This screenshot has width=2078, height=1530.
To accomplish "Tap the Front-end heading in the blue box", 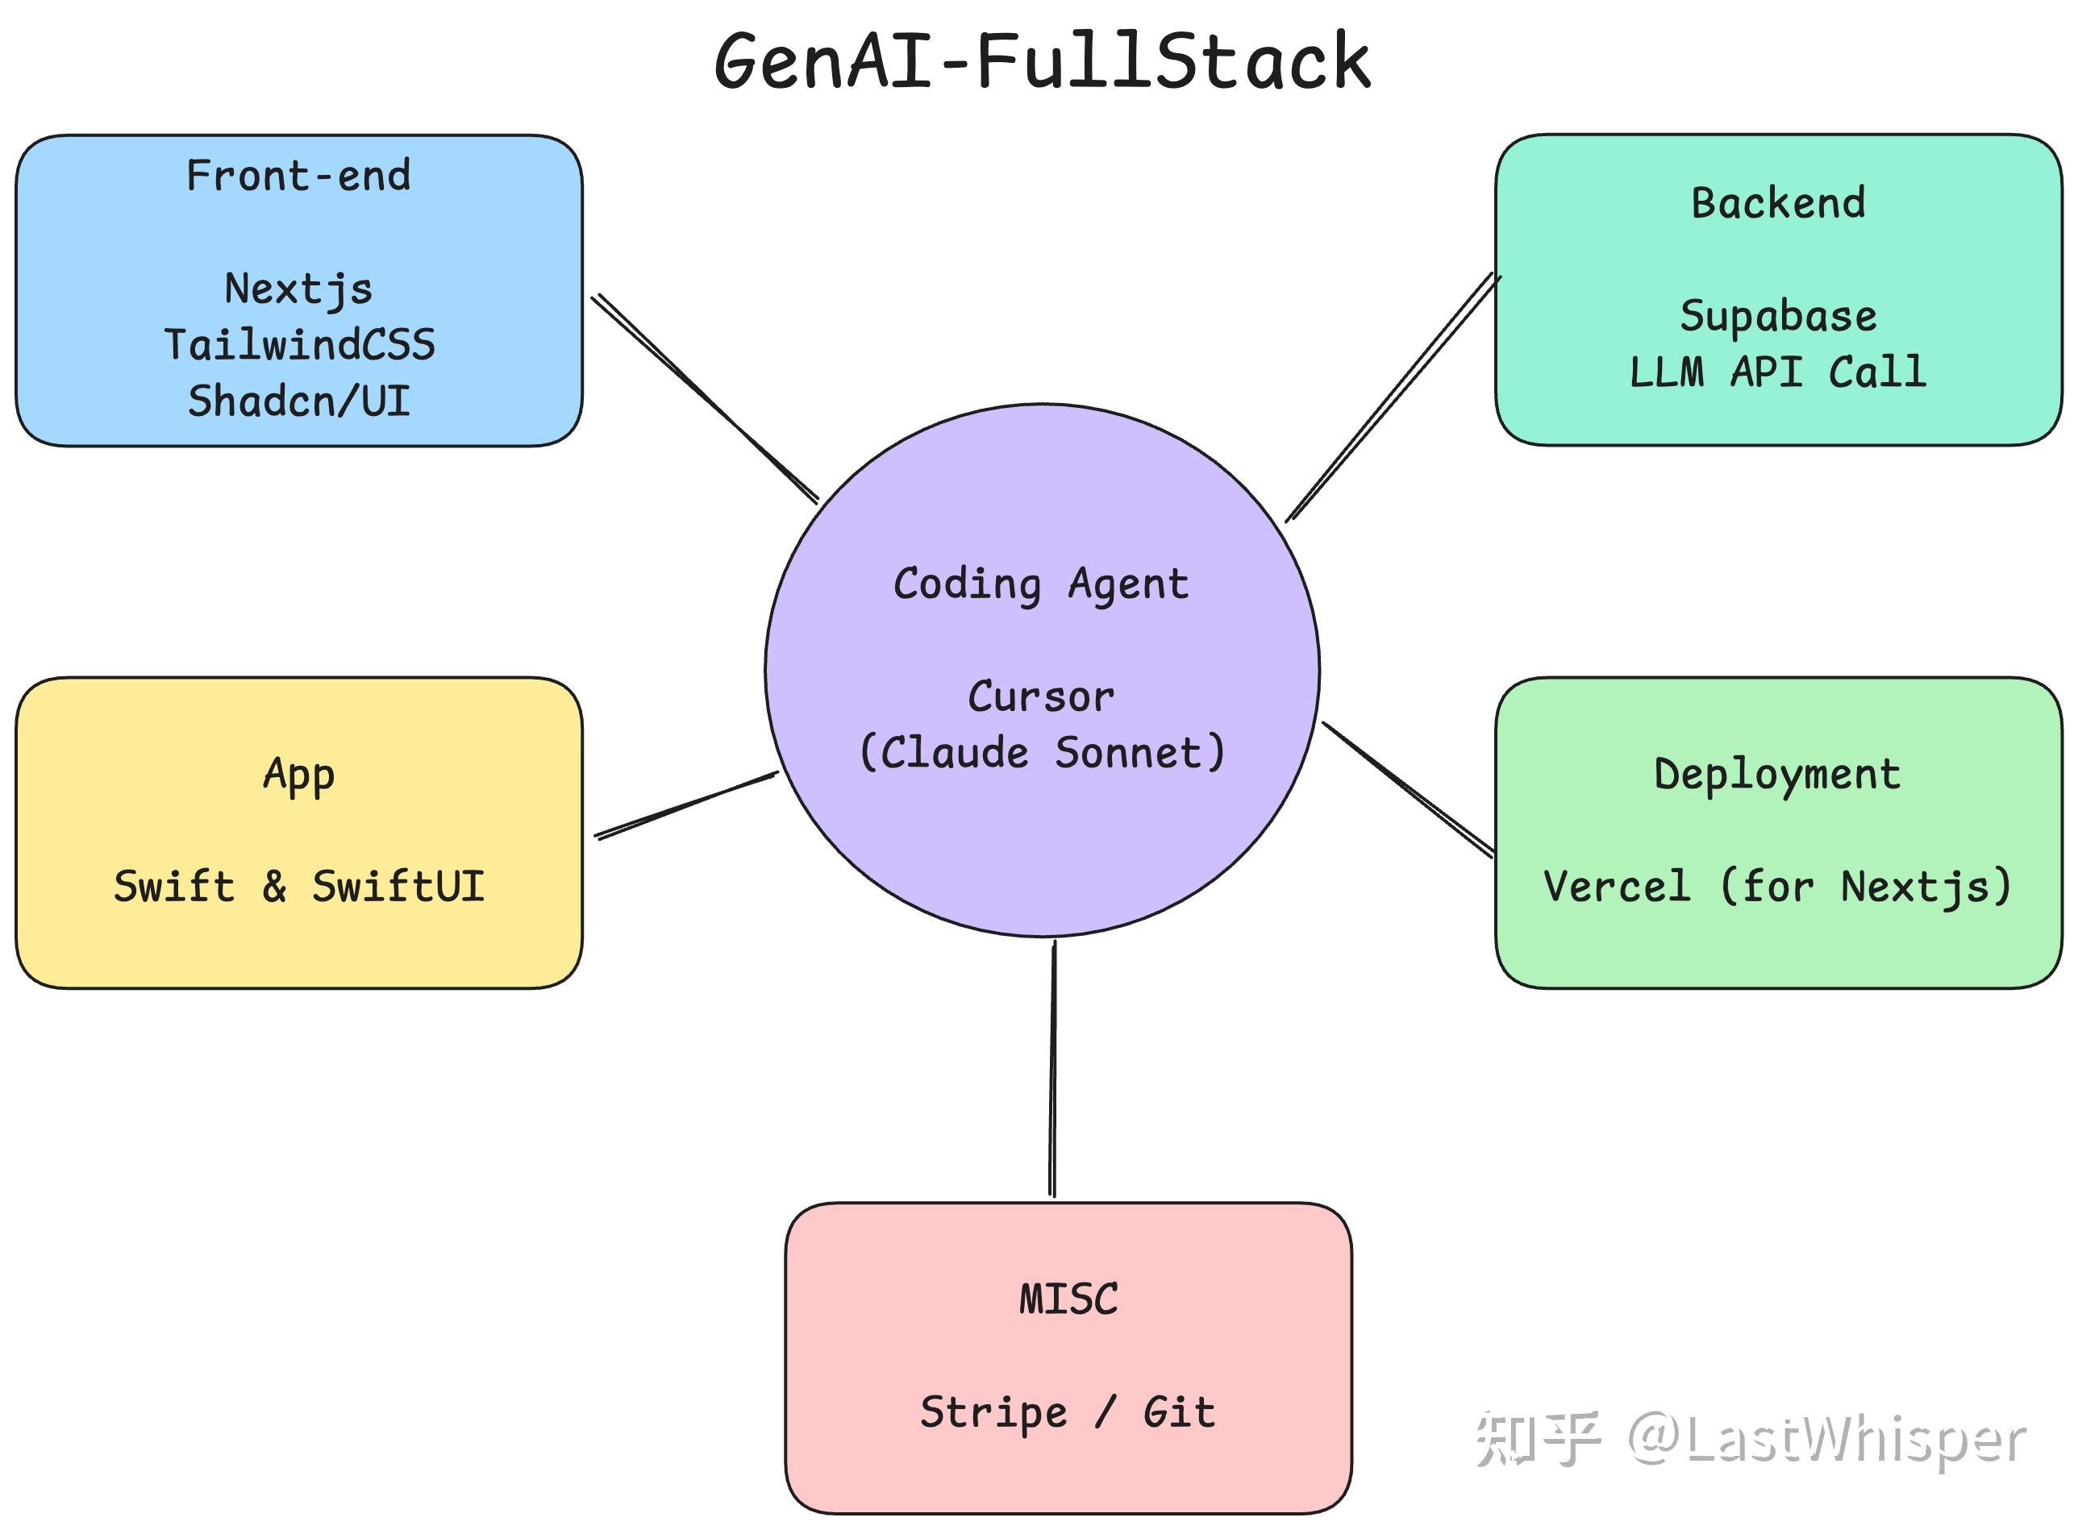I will click(x=298, y=176).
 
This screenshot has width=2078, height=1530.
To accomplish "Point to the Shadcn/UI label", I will click(x=298, y=401).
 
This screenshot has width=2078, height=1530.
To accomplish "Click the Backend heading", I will click(x=1777, y=203).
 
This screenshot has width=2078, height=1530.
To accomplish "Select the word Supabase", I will click(x=1777, y=317).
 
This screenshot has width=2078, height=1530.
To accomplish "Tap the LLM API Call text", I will click(x=1777, y=372).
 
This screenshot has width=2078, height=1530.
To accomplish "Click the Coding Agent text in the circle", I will click(x=1040, y=584).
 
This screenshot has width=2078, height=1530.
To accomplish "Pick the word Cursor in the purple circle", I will click(x=1040, y=696).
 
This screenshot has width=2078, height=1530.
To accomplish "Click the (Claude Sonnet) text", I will click(x=1040, y=753).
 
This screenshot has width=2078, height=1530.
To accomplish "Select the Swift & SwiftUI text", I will click(x=298, y=887).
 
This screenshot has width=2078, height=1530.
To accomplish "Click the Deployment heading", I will click(x=1777, y=774).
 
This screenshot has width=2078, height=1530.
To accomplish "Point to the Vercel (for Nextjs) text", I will click(x=1777, y=887).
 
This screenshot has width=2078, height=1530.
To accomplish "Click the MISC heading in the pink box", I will click(x=1068, y=1299).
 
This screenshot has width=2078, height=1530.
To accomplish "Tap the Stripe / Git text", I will click(x=1068, y=1412).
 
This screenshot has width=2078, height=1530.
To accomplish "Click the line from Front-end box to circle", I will click(x=704, y=398).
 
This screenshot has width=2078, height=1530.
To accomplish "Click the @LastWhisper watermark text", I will click(x=1825, y=1441).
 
